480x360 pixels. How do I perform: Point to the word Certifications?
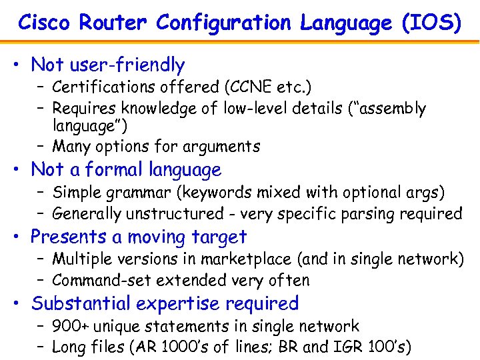(x=97, y=87)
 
